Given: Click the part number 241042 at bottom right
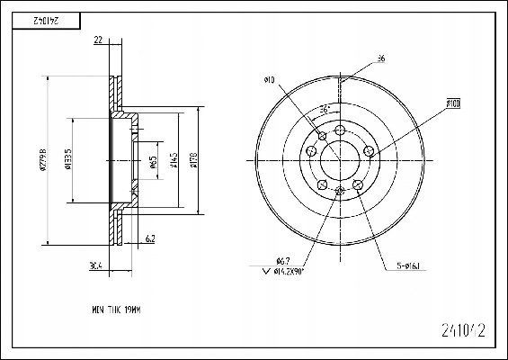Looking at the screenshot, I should (467, 330).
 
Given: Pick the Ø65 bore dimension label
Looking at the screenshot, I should (154, 162).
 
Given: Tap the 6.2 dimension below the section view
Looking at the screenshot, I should (150, 238).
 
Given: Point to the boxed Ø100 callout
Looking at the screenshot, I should (452, 105).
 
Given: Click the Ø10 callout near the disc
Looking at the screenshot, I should (269, 80).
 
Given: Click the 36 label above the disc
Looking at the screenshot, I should (381, 59).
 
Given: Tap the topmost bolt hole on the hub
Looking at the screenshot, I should (340, 131).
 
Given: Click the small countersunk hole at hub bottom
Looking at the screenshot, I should (339, 191).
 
